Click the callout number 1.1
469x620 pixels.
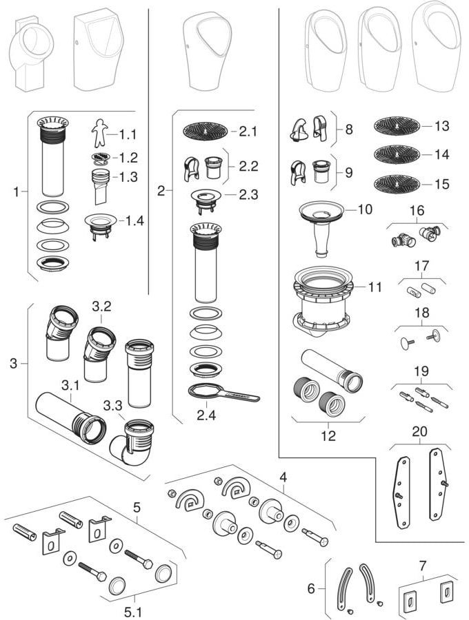tap(128, 134)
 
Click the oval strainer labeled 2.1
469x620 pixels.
tap(204, 130)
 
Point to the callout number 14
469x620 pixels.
tap(441, 155)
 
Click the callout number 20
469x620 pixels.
tap(419, 431)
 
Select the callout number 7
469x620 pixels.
tap(422, 566)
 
